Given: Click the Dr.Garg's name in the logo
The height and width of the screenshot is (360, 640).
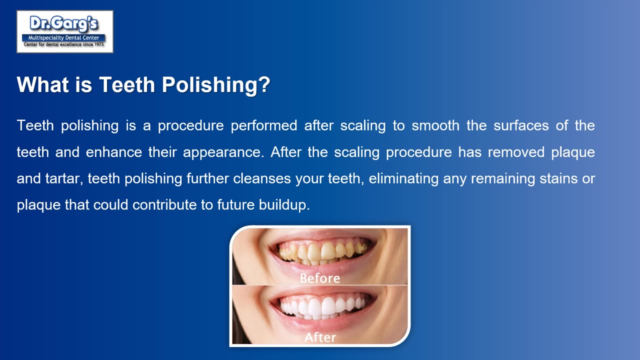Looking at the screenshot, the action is (x=63, y=23).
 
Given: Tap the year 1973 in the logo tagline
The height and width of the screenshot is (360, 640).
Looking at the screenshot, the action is (x=99, y=44).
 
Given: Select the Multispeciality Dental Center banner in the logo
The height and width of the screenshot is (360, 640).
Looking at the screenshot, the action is (x=63, y=37).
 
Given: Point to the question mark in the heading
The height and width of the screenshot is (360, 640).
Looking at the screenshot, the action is (x=265, y=84).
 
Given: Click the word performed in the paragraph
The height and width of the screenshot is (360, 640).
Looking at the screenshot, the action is (x=264, y=125).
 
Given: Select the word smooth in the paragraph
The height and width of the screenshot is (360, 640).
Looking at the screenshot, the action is (x=435, y=125).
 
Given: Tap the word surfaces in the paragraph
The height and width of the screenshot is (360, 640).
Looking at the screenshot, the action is (x=521, y=125).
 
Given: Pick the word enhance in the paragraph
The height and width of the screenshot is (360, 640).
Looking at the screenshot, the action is (x=113, y=152).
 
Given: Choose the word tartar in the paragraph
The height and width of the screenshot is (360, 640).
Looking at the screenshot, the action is (x=64, y=178).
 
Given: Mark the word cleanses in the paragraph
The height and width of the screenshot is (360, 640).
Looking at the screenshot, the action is (x=262, y=178).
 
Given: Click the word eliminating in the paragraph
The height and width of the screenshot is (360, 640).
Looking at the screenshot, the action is (x=403, y=179).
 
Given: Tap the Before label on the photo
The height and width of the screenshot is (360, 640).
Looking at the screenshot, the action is (x=319, y=278).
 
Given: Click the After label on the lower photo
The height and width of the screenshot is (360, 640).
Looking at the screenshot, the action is (x=320, y=337).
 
